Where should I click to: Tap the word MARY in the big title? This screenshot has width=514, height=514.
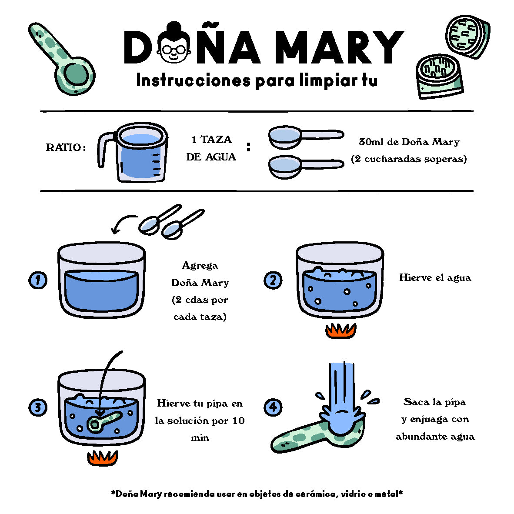[339, 47]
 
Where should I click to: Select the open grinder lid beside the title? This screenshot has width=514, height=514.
[467, 37]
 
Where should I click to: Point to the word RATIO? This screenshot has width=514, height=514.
[63, 147]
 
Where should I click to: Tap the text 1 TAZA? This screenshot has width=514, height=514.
[211, 140]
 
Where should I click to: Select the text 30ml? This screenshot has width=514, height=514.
[371, 142]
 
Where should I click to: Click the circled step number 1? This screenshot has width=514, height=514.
[38, 280]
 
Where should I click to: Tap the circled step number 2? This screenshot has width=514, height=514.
[273, 280]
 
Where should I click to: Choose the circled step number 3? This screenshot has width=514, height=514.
[38, 407]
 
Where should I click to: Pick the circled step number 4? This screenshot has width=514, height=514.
[273, 407]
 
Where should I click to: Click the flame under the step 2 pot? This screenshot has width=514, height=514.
[341, 331]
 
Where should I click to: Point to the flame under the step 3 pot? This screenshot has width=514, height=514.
[102, 458]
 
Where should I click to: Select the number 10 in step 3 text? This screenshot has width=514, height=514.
[238, 421]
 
